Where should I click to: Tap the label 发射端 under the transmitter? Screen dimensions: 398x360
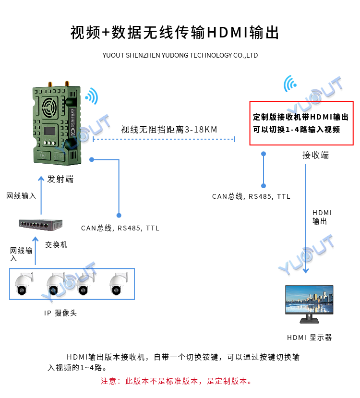click(x=60, y=179)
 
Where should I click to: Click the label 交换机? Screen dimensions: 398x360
click(x=56, y=245)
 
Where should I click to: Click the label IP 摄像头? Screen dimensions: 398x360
click(x=60, y=313)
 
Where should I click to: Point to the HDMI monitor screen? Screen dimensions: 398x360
click(x=310, y=300)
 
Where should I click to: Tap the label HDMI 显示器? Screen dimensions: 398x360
click(x=310, y=338)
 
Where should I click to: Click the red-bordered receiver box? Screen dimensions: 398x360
click(x=301, y=123)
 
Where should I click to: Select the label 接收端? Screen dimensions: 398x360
click(x=315, y=155)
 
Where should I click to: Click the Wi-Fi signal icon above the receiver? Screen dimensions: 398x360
click(x=290, y=84)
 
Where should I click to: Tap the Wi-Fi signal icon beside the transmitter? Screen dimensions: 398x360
click(x=91, y=96)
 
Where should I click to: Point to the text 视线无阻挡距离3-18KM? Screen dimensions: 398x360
click(x=169, y=129)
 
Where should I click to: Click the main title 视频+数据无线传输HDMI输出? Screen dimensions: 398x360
click(x=175, y=32)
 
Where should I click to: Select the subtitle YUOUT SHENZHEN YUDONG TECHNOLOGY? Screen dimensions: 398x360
click(x=180, y=55)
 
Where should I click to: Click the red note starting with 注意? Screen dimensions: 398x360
click(x=176, y=381)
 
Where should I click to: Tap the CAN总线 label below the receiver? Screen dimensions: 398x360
click(x=251, y=196)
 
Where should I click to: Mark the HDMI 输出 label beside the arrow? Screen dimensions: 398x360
click(x=322, y=217)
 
